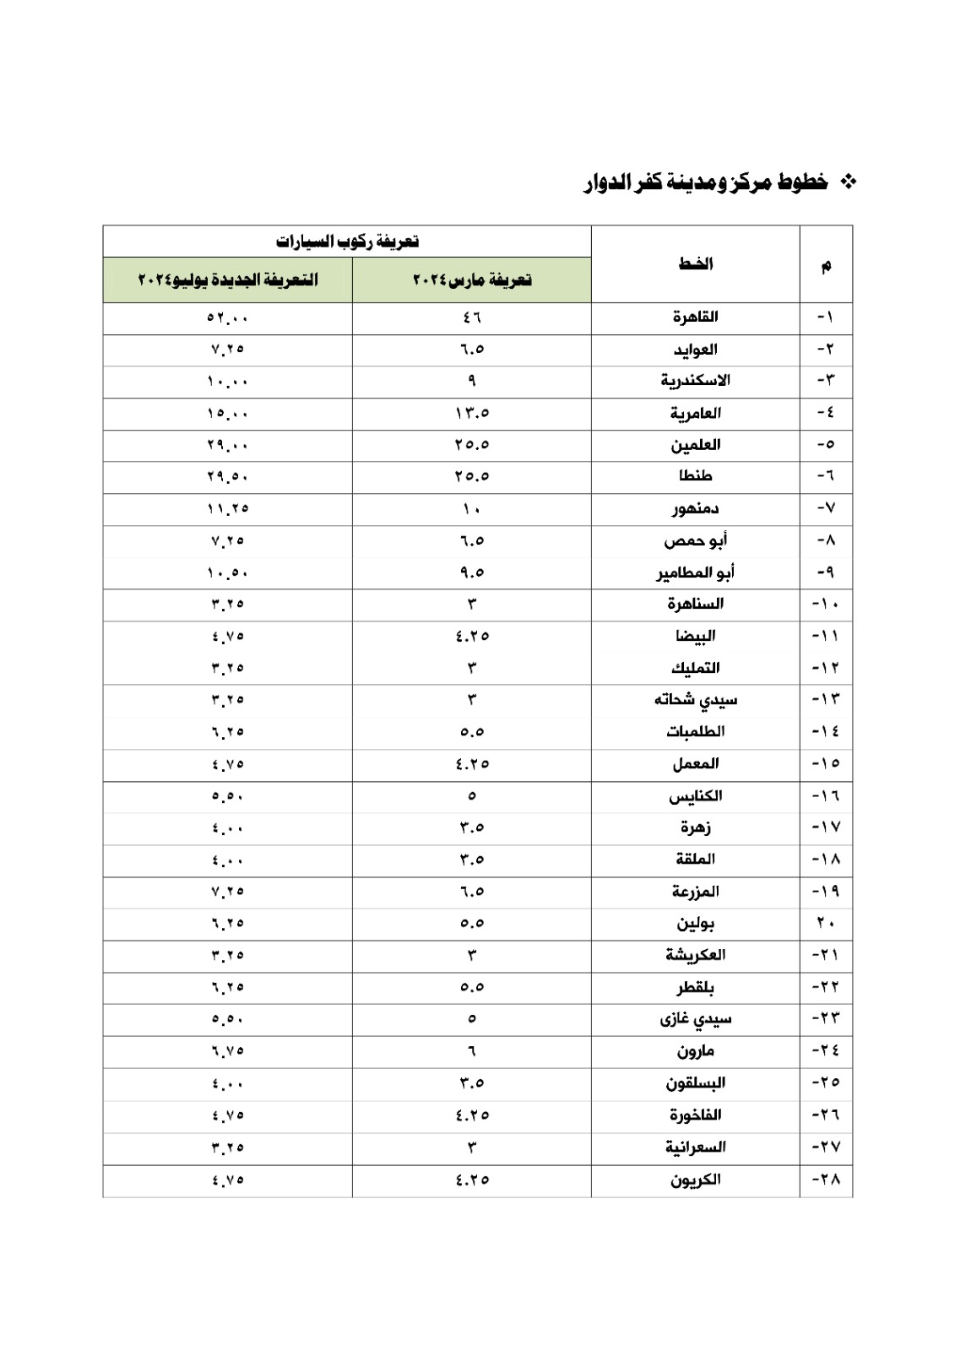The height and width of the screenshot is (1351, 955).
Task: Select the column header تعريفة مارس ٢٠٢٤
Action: (x=472, y=279)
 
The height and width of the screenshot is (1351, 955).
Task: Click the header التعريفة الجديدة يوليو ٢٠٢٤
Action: (x=228, y=279)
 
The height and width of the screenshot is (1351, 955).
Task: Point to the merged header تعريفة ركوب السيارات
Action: (x=347, y=241)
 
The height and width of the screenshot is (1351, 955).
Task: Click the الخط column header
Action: (x=695, y=264)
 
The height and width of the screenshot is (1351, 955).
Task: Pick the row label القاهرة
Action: (x=695, y=317)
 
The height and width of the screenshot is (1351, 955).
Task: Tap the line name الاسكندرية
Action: (x=695, y=381)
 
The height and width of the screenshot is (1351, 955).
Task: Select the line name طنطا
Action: (x=695, y=476)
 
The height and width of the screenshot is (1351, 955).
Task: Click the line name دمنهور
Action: (x=695, y=508)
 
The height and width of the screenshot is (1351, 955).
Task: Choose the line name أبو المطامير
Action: (x=695, y=572)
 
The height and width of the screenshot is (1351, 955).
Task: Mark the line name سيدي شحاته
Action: (x=695, y=700)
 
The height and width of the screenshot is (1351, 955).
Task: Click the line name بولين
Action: (x=695, y=923)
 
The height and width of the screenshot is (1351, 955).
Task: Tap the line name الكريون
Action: (x=695, y=1180)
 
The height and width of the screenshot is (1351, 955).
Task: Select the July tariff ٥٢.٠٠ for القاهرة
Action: (x=228, y=317)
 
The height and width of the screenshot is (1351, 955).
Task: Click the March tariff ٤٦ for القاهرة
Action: (x=472, y=317)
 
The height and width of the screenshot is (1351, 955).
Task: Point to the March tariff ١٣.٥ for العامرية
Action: (x=472, y=413)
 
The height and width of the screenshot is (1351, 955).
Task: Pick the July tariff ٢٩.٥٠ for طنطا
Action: (x=228, y=476)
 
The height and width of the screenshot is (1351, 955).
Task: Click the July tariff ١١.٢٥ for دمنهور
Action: (x=228, y=508)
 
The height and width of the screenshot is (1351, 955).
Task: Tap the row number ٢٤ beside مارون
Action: (x=826, y=1051)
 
